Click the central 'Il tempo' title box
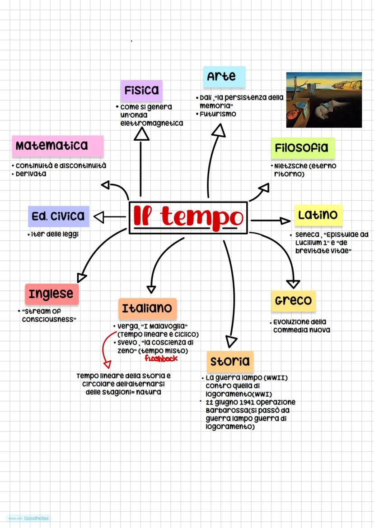point(188,217)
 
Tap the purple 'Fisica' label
point(141,90)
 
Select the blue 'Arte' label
point(224,77)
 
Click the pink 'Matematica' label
point(57,146)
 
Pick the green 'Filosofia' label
point(303,148)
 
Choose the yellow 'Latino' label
point(318,215)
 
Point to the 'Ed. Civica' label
point(58,216)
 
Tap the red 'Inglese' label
point(51,294)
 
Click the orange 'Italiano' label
point(147,308)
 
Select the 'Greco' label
point(293,300)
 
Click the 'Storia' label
point(230,361)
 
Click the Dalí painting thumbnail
point(324,100)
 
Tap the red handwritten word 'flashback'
point(161,358)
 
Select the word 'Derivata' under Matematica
point(31,174)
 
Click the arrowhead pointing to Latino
point(285,220)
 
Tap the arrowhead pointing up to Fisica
point(141,134)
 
